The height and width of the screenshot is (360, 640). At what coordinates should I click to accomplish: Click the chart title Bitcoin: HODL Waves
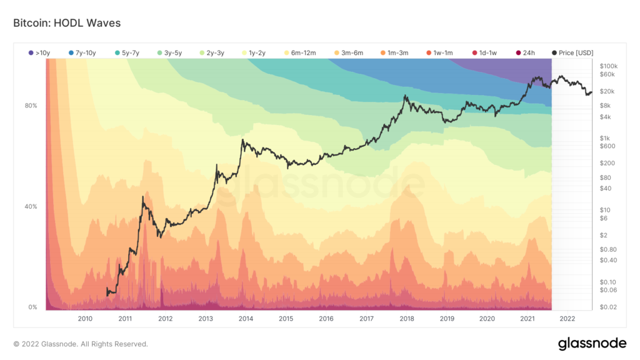[67, 23]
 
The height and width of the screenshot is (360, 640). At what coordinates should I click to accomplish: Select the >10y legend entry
[40, 52]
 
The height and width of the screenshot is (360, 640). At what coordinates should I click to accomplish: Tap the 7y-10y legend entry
[82, 52]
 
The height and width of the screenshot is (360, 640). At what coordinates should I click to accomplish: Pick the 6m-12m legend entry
[299, 52]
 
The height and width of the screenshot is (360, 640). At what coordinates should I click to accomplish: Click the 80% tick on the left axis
[31, 106]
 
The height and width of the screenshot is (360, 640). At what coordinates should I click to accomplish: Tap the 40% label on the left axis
[31, 207]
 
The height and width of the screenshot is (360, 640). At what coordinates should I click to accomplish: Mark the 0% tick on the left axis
[32, 307]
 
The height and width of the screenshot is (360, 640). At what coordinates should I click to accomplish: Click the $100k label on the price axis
[608, 66]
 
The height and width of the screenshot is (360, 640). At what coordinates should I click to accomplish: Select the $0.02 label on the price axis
[607, 306]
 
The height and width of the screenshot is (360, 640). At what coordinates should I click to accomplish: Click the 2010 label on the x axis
[85, 319]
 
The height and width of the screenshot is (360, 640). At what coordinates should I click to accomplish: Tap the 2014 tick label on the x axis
[246, 319]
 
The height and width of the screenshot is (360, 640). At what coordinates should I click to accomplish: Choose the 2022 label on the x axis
[567, 319]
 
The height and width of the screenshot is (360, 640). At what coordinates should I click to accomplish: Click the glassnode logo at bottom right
[592, 343]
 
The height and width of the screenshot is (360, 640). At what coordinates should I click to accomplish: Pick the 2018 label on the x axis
[406, 319]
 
